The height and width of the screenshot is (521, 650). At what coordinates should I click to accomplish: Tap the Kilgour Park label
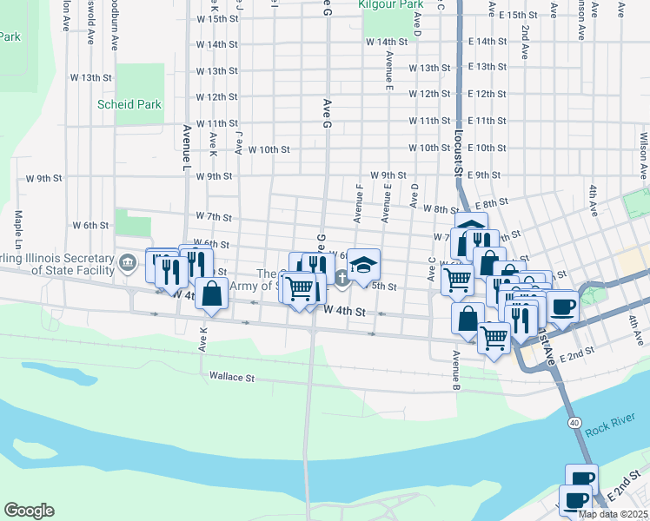coord(389,3)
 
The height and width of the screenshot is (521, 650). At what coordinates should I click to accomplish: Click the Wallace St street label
coord(231,377)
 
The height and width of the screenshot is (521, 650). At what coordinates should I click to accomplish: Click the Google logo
coord(29,511)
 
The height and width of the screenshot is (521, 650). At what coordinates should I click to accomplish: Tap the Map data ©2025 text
coord(613,514)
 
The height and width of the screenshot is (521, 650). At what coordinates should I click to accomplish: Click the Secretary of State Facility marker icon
coord(128,260)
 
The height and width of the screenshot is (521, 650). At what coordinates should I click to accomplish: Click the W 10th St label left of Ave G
coord(268,149)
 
